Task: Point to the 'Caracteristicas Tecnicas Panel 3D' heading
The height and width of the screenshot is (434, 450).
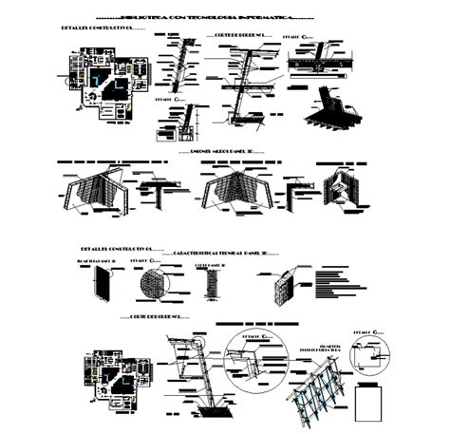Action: pos(224,254)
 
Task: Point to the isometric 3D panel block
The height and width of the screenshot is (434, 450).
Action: pos(283,291)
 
